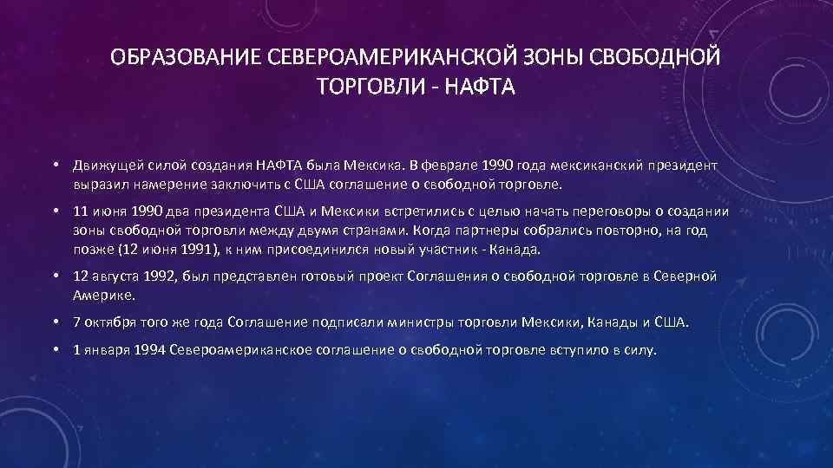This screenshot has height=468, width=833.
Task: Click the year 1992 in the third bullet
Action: point(152,276)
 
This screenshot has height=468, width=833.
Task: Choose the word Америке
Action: point(104,296)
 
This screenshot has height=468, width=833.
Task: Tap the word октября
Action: point(110,322)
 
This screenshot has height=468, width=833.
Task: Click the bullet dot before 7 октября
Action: point(55,322)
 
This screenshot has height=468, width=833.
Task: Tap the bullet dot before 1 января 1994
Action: point(55,349)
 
